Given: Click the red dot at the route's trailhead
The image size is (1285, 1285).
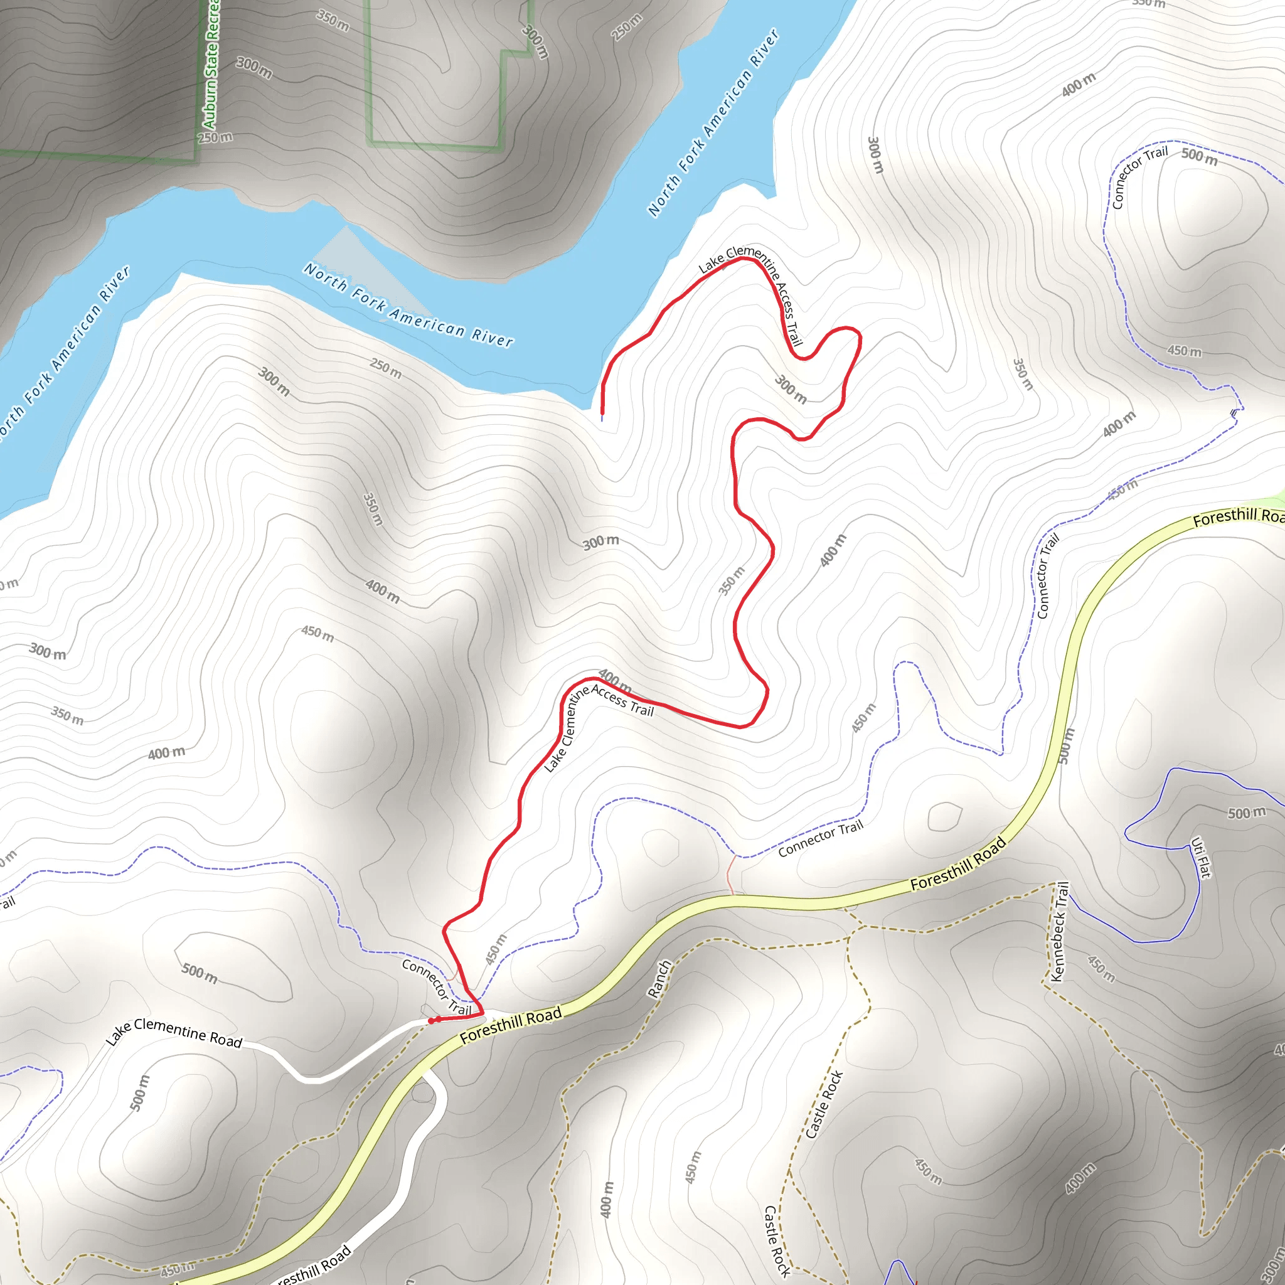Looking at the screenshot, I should pos(433,1020).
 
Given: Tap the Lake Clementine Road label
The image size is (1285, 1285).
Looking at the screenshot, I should pos(174,1032).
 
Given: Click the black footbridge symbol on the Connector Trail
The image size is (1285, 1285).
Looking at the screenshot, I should pos(1234,413).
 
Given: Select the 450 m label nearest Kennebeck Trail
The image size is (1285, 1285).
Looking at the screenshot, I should pos(1101,968).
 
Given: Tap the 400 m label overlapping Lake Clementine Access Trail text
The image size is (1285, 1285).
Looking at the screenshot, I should pos(616,680).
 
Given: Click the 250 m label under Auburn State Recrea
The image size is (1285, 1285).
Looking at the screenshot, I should pos(215,137).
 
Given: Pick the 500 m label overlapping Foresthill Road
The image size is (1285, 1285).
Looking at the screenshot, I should pos(1066,745).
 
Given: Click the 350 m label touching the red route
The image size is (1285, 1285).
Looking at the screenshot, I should pos(732,580).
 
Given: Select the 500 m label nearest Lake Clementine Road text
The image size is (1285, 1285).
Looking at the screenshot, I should pos(200,973).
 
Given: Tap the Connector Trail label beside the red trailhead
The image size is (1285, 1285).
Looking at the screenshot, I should pos(436,987).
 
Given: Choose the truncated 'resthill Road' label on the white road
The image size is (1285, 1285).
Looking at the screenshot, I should pos(312,1266).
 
